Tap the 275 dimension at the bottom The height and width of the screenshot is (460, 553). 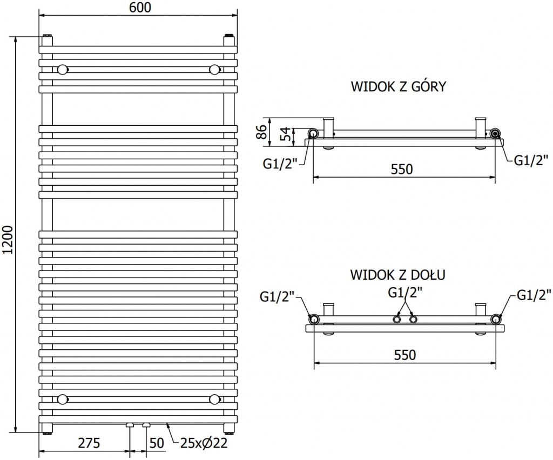click(89, 443)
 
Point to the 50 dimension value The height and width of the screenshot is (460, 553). click(157, 443)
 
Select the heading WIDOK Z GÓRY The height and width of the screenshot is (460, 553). click(398, 87)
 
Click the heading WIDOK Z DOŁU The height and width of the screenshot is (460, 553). click(397, 275)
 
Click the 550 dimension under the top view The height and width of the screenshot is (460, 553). click(402, 169)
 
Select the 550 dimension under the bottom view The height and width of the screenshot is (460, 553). click(405, 355)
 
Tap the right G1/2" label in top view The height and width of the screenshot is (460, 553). click(530, 160)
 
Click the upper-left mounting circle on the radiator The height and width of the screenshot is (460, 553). click(63, 69)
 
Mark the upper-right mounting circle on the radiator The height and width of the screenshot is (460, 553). click(214, 69)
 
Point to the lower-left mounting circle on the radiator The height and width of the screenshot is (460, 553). click(63, 400)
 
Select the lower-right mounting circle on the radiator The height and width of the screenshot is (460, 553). click(214, 400)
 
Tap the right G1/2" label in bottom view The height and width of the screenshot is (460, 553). click(534, 294)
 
